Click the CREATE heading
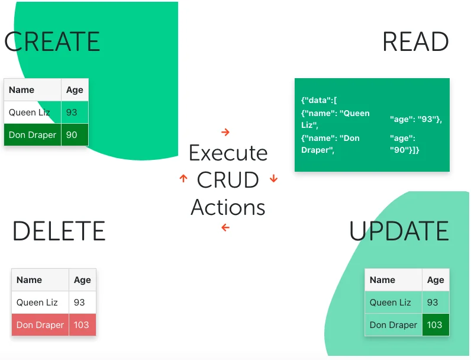52,42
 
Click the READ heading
415,42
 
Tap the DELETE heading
59,231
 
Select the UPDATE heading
399,231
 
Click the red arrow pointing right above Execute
225,132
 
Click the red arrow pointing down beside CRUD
273,178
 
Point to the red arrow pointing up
183,178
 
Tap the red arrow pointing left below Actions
225,227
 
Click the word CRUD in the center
228,180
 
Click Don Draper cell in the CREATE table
33,135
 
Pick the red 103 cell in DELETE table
82,324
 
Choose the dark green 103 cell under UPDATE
435,324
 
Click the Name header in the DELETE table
30,280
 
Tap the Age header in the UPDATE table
435,280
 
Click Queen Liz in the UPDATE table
390,303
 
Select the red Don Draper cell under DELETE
40,324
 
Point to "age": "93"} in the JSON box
416,119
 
